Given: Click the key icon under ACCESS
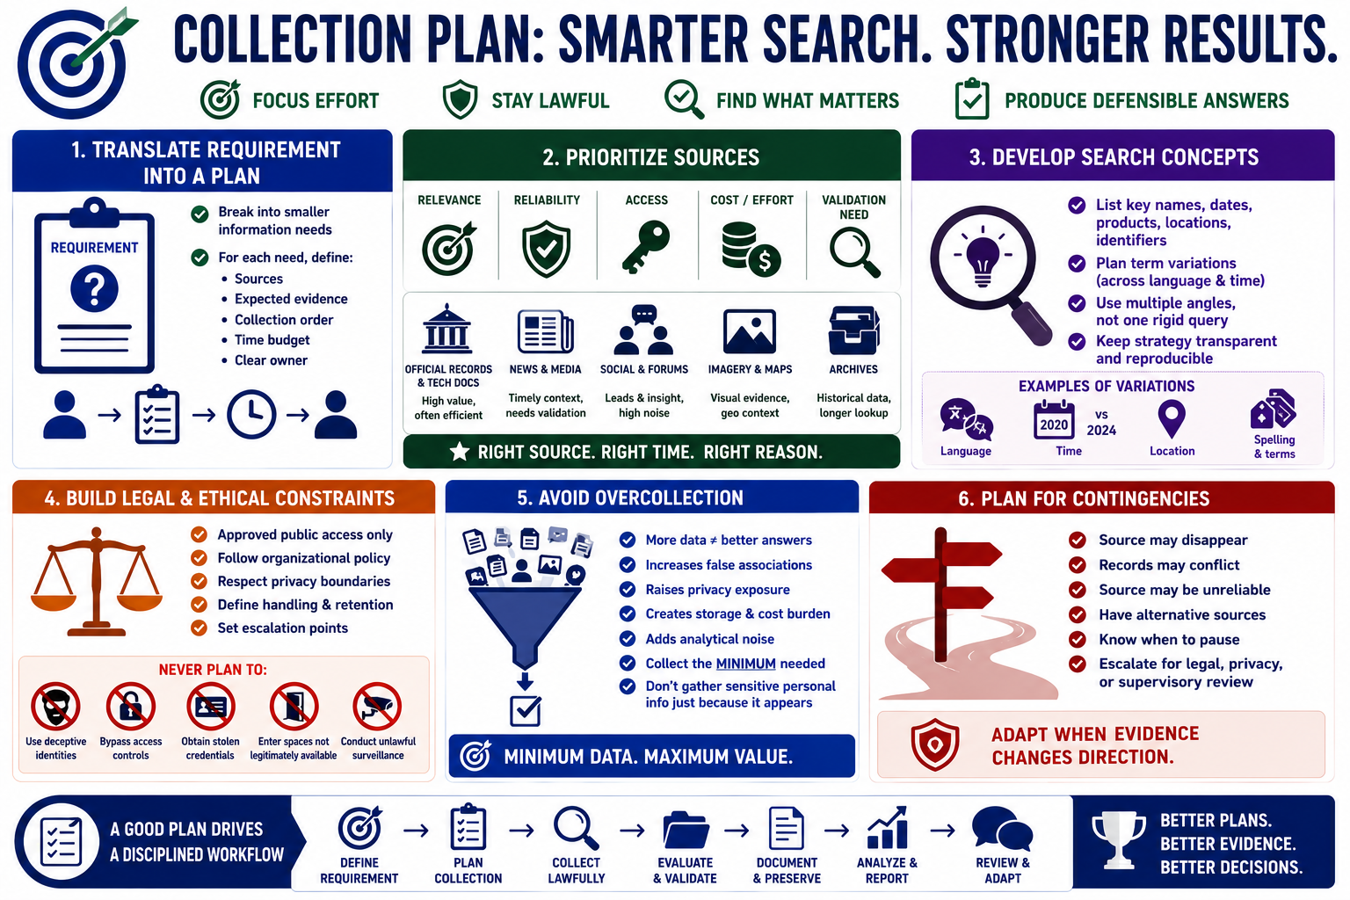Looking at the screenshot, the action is [x=646, y=247].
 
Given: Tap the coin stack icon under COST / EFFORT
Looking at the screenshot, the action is [x=751, y=249].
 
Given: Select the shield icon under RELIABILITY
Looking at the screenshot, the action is [x=547, y=249].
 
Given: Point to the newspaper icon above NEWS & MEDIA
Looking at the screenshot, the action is [x=546, y=331].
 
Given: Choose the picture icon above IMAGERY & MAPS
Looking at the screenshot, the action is [x=749, y=331].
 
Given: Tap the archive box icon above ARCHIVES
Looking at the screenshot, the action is [x=854, y=330].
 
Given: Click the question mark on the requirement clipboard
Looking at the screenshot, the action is [x=94, y=289].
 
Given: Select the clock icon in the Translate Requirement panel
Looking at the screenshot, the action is [x=251, y=414].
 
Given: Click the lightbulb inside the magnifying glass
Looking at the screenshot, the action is [x=983, y=260].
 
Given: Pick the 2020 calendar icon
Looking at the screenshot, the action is [x=1054, y=419].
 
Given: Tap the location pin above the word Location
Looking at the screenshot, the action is [x=1172, y=418].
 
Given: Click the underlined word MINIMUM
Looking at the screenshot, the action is [x=745, y=664].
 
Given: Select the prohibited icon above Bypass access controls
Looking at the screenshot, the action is [x=131, y=707].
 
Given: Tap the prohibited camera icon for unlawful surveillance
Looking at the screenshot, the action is [x=377, y=707].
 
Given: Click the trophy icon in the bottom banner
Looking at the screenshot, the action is [x=1119, y=839].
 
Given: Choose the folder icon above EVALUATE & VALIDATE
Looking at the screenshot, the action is [x=686, y=830].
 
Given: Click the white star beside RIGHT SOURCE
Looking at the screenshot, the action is [x=460, y=452].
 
